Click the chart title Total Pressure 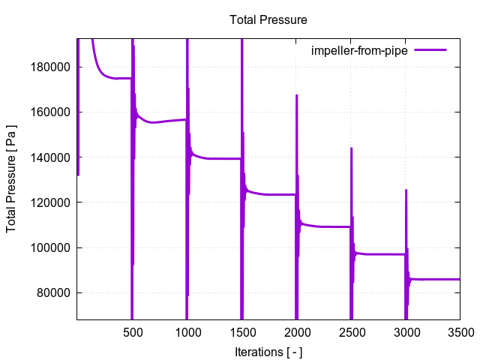(268, 19)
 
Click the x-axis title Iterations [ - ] (268, 351)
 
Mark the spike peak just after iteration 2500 (351, 148)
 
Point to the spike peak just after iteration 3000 (406, 190)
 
